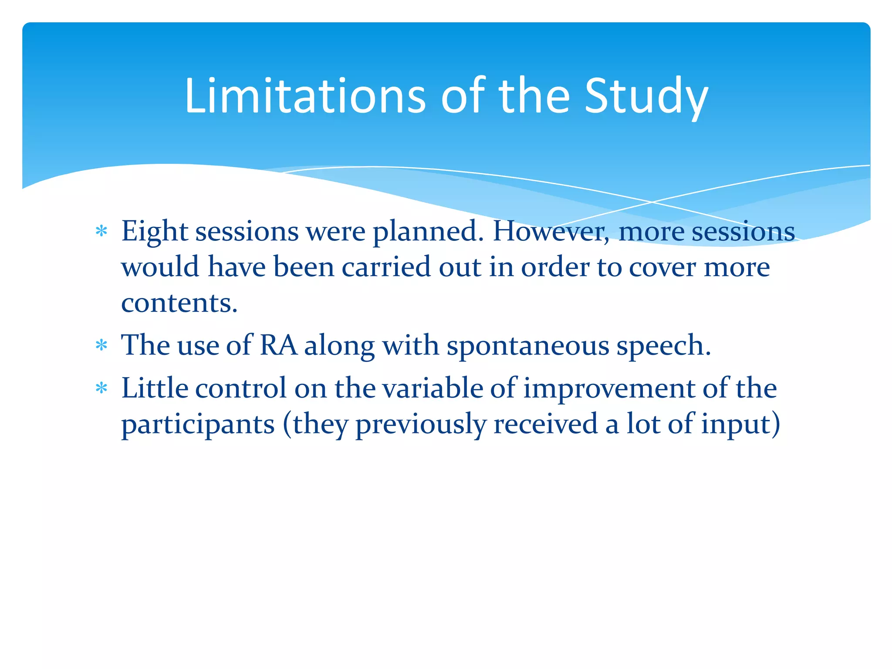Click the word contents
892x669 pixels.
point(179,303)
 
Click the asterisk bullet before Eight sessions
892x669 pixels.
point(101,231)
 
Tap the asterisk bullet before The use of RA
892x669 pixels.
point(101,345)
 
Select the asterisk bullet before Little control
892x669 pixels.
point(101,388)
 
